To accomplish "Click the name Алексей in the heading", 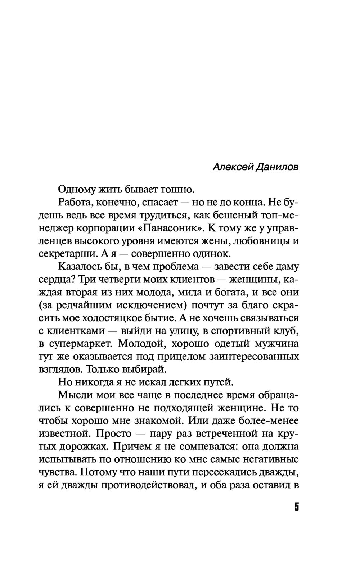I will (x=233, y=167).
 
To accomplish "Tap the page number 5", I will (x=296, y=507).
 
